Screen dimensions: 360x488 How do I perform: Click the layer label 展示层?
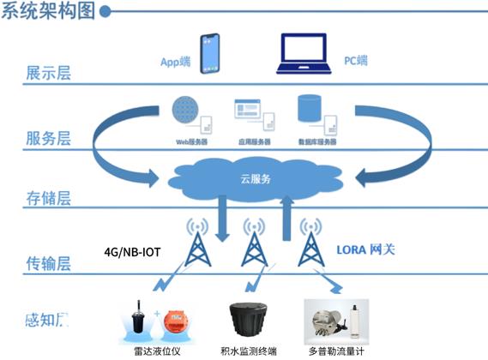click(x=48, y=72)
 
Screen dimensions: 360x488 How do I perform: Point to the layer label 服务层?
click(x=48, y=137)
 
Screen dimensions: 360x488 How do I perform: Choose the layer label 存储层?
click(x=48, y=200)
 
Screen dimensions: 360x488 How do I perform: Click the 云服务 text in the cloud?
click(x=255, y=179)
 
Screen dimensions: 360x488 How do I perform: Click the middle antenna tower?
click(x=252, y=243)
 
